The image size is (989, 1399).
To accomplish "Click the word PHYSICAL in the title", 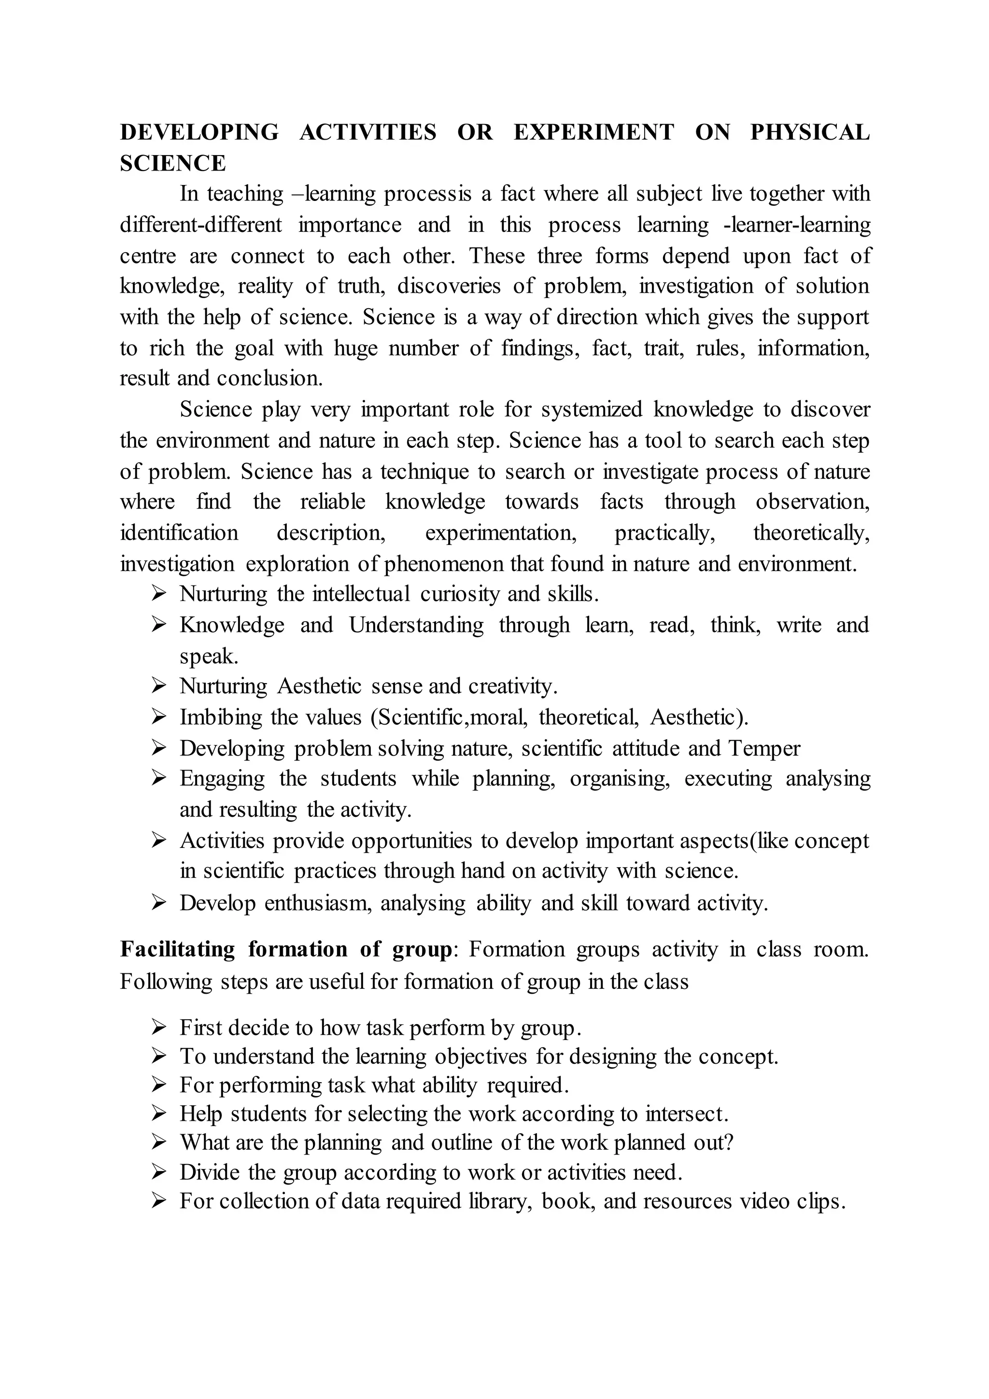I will tap(809, 132).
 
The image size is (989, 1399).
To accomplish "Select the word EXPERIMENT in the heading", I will tap(594, 132).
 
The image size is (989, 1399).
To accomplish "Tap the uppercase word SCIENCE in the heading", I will tap(173, 163).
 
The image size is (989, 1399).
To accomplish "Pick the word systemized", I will tap(592, 410).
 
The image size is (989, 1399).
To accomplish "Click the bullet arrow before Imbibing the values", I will tap(159, 717).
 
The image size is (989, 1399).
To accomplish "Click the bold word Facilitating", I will tap(177, 950).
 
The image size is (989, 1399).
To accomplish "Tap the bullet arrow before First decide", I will tap(159, 1028).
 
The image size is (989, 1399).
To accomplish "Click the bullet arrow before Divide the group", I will tap(159, 1172).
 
